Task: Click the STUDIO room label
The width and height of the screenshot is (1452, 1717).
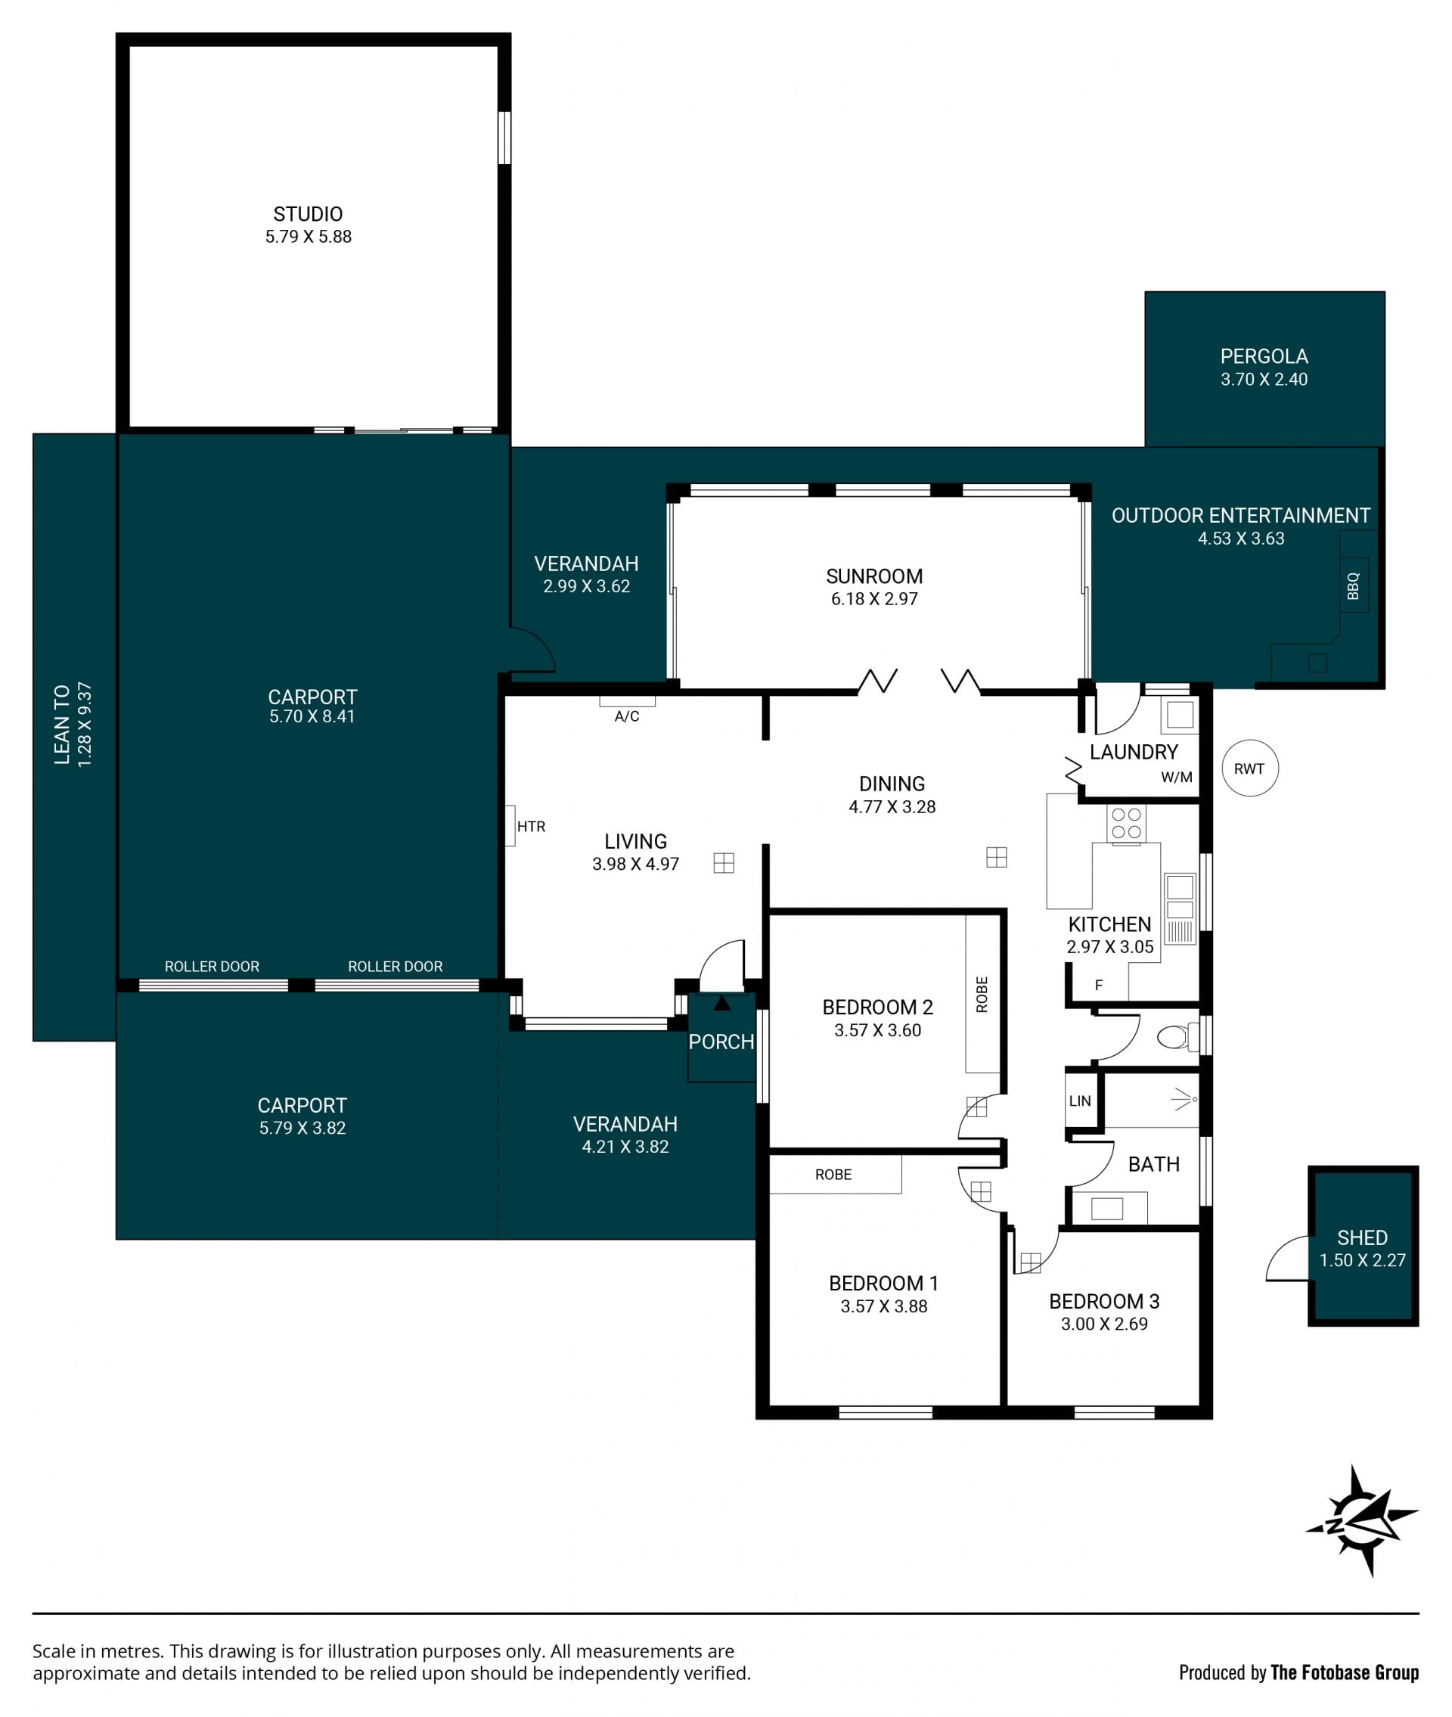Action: (x=308, y=214)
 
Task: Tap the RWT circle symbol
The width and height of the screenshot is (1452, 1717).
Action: (x=1249, y=768)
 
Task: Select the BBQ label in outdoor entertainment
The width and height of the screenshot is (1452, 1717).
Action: (x=1352, y=586)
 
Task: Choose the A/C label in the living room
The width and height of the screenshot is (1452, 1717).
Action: (x=626, y=717)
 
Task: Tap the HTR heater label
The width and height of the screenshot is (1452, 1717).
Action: (x=531, y=827)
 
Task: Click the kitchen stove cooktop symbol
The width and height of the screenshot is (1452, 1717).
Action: (x=1125, y=823)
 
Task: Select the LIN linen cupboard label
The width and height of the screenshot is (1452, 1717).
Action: (x=1080, y=1101)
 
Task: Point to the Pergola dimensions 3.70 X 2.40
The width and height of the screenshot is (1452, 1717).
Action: (x=1264, y=380)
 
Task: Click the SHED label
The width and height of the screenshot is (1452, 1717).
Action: (x=1362, y=1237)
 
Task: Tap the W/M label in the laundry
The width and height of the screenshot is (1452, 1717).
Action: (x=1176, y=777)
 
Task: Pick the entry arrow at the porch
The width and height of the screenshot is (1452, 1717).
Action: (x=722, y=1002)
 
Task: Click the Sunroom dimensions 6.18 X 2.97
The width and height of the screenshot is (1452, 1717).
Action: (x=874, y=599)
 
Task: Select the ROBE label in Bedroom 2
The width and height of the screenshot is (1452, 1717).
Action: (x=981, y=995)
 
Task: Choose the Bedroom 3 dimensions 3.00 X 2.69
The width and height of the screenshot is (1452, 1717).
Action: (x=1104, y=1324)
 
